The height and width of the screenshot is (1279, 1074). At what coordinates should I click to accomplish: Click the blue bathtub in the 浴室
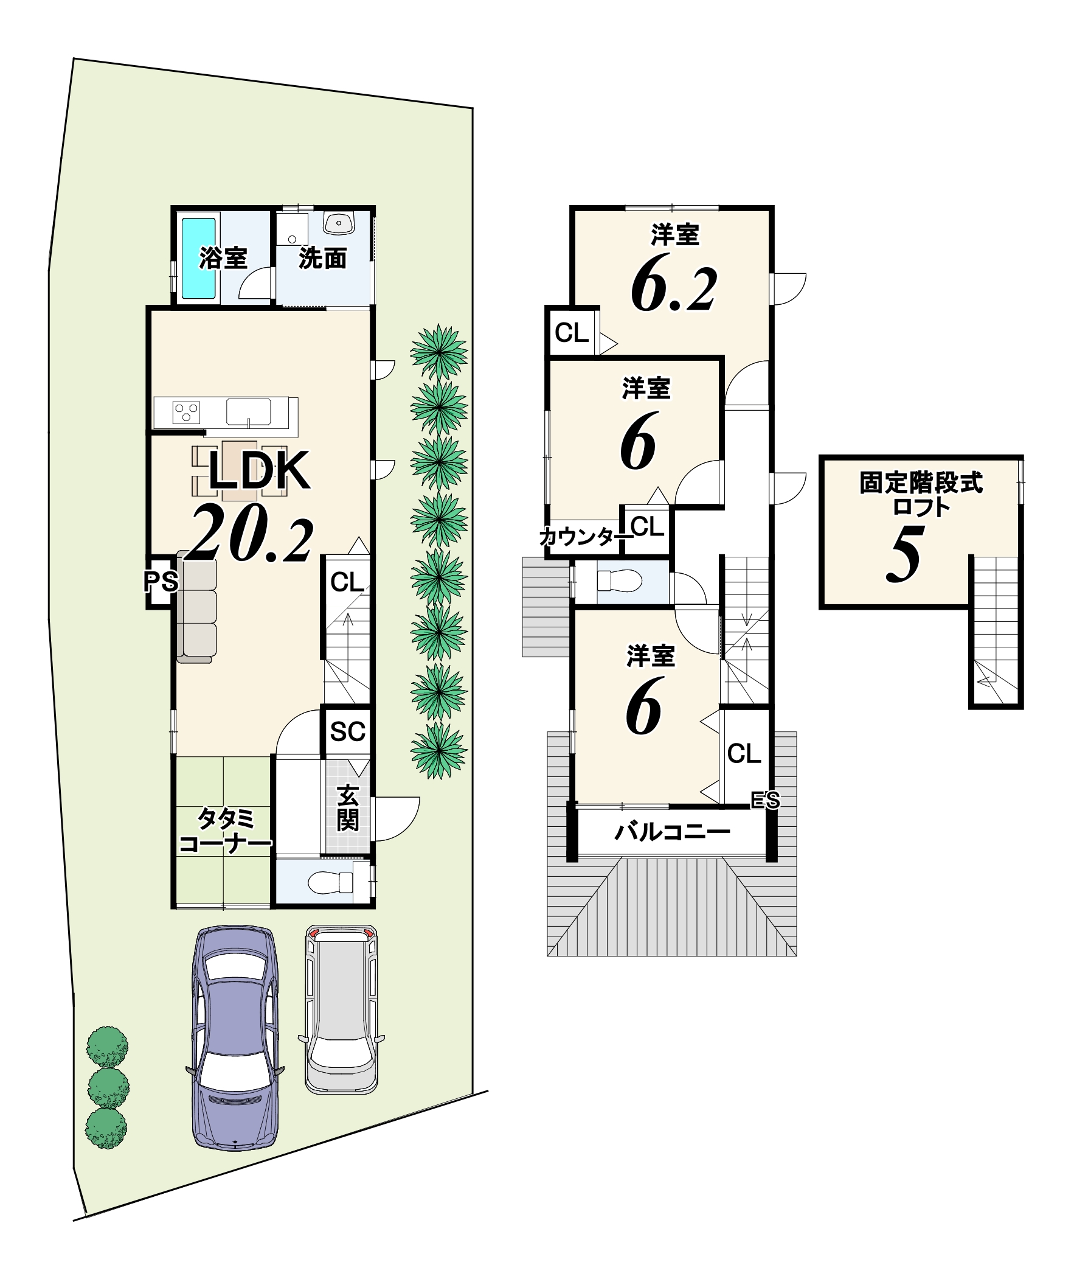[x=198, y=259]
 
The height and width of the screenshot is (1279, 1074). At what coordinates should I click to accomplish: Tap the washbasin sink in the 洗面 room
[x=339, y=223]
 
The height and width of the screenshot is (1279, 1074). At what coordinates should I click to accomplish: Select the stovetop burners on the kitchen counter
[x=187, y=413]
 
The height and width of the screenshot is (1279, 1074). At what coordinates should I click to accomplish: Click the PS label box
[x=161, y=582]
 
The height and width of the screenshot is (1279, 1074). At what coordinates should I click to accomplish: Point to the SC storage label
[x=348, y=731]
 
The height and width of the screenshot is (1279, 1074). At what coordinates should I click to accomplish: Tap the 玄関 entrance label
[x=348, y=808]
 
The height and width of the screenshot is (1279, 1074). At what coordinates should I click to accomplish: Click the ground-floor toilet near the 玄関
[x=331, y=881]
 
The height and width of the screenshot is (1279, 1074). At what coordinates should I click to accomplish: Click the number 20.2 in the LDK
[x=252, y=532]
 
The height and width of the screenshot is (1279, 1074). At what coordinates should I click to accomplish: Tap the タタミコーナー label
[x=225, y=831]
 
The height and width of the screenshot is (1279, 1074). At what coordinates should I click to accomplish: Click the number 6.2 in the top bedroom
[x=674, y=289]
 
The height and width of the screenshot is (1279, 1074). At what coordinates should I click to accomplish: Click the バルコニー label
[x=672, y=831]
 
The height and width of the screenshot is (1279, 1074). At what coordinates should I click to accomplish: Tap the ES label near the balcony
[x=765, y=800]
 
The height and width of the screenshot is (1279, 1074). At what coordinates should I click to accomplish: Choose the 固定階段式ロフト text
[x=921, y=495]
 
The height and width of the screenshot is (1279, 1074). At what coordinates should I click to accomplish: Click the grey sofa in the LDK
[x=196, y=607]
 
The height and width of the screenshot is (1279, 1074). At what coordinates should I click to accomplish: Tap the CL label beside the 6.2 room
[x=572, y=333]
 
